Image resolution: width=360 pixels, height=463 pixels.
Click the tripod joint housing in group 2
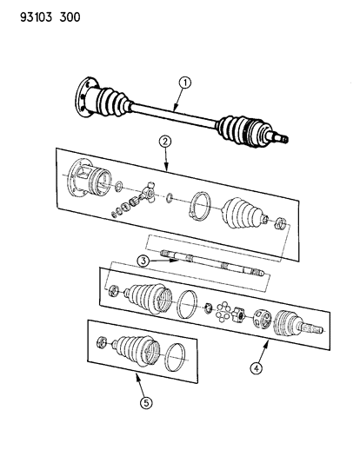[x=88, y=183]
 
